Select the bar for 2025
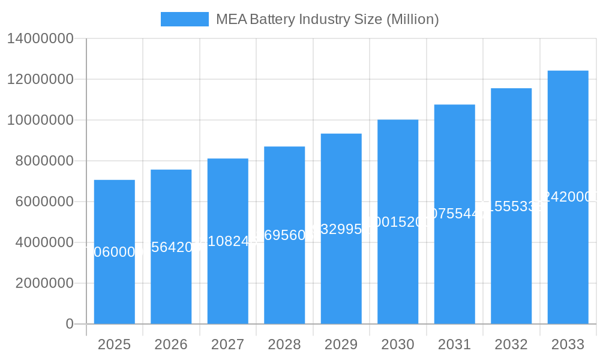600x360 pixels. (114, 282)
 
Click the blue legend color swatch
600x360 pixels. (184, 19)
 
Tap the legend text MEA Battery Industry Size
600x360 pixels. (327, 19)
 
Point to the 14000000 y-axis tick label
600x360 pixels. (40, 38)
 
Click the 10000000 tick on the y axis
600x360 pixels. (40, 120)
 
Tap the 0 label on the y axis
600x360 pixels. (70, 324)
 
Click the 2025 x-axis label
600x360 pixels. (114, 344)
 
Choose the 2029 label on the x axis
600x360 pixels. (341, 344)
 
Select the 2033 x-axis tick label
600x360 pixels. (568, 344)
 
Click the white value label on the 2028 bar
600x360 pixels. (284, 235)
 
